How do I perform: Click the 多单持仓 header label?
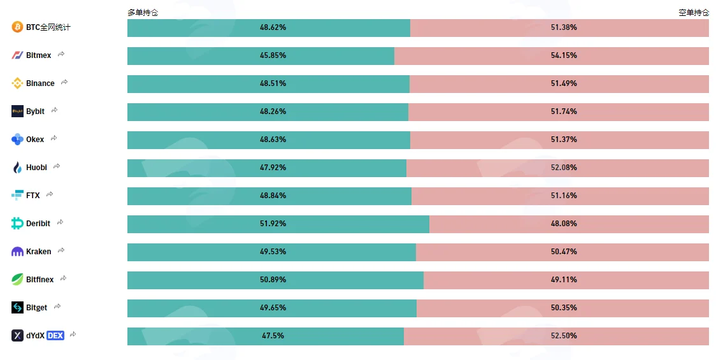143,13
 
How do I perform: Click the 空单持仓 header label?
694,13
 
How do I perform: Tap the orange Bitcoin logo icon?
17,27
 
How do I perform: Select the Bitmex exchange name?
38,55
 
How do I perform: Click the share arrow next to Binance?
64,82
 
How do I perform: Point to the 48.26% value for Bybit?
273,112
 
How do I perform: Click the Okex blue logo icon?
17,140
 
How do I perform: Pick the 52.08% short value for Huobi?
564,168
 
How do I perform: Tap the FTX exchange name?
33,196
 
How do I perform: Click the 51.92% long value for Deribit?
273,224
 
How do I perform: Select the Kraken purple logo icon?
17,252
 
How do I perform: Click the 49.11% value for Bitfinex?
564,280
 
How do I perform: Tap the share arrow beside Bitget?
57,306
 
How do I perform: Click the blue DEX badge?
55,336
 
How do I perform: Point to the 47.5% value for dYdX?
273,336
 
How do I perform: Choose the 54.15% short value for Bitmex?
564,55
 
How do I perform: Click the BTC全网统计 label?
48,27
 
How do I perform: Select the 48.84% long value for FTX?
273,196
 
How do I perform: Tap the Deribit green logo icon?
17,224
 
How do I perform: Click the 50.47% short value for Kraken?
564,252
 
